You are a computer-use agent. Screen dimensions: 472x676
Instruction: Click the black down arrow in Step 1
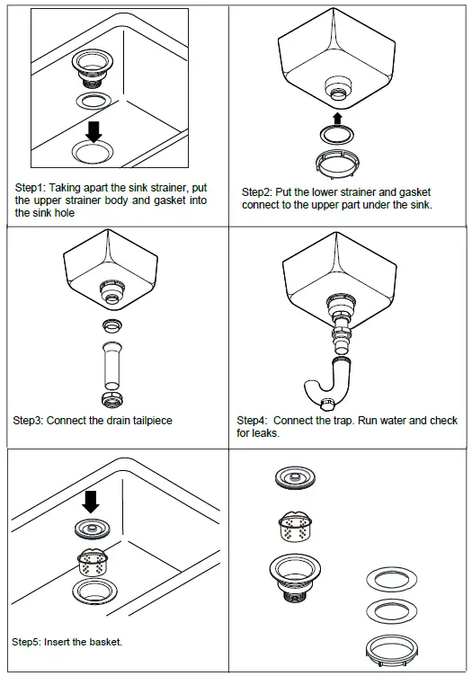coord(94,131)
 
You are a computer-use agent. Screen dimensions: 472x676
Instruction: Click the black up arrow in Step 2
coord(337,119)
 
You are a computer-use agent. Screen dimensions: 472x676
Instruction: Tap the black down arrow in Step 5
coord(91,502)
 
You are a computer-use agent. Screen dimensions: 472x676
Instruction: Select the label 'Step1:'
coord(31,188)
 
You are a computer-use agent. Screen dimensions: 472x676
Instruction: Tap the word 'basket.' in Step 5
coord(106,642)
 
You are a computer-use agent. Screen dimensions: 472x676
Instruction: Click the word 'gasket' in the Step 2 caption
coord(414,192)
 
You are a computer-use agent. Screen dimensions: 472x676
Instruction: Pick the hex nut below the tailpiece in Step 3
coord(112,400)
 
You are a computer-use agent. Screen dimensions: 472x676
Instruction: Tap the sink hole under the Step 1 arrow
coord(94,151)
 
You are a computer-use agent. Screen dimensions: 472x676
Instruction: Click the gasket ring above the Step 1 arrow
coord(94,101)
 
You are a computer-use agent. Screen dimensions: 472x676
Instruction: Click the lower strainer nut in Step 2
coord(337,164)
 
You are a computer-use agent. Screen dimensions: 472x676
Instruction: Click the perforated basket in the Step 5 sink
coord(93,562)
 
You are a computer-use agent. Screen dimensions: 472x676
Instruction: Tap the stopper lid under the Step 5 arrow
coord(92,529)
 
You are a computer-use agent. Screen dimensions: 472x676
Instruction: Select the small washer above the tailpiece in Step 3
coord(112,325)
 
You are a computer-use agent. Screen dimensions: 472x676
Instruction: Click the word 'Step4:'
coord(252,421)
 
